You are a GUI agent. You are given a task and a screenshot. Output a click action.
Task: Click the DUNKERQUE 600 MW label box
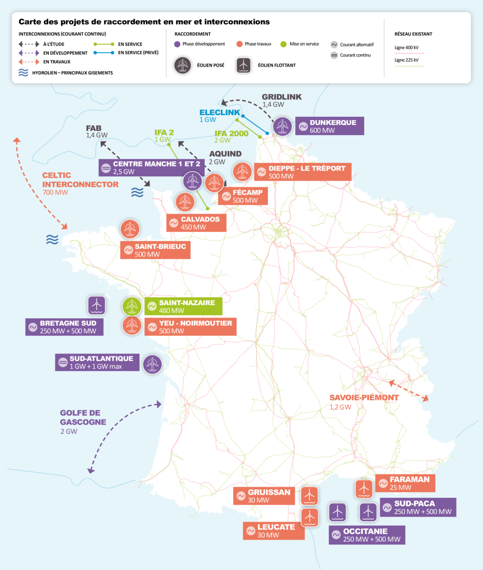click(x=329, y=126)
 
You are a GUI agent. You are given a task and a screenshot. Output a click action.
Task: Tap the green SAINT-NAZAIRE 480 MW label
click(x=183, y=306)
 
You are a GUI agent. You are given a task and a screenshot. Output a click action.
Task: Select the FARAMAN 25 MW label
click(x=405, y=483)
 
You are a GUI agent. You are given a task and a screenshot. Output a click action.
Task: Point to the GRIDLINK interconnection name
click(x=281, y=97)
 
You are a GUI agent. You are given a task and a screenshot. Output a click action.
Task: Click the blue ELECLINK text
click(x=220, y=113)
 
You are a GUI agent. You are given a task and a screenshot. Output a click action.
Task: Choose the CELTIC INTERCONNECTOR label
click(x=80, y=180)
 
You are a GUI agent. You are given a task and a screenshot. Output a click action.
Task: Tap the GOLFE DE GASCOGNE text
click(x=83, y=417)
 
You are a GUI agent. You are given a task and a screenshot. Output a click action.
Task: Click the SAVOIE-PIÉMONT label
click(x=364, y=397)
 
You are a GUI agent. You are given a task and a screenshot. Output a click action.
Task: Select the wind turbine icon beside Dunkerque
click(x=282, y=126)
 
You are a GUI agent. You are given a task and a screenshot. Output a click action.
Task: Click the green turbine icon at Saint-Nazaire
click(x=132, y=306)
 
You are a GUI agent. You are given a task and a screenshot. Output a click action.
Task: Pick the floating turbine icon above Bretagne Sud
click(x=97, y=305)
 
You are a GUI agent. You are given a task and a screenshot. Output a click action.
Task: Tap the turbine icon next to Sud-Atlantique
click(x=153, y=364)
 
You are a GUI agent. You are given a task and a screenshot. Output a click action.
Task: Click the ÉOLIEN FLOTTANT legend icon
click(x=243, y=65)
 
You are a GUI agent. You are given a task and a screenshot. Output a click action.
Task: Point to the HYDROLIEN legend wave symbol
click(x=23, y=72)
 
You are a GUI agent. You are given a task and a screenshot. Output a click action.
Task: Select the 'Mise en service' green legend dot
click(x=283, y=44)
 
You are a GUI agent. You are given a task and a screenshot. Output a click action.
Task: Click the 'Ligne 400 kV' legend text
click(x=406, y=47)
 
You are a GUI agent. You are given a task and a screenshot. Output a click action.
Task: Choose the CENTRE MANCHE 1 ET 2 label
click(x=152, y=168)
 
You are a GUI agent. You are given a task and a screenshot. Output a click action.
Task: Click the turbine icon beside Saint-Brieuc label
click(x=130, y=229)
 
